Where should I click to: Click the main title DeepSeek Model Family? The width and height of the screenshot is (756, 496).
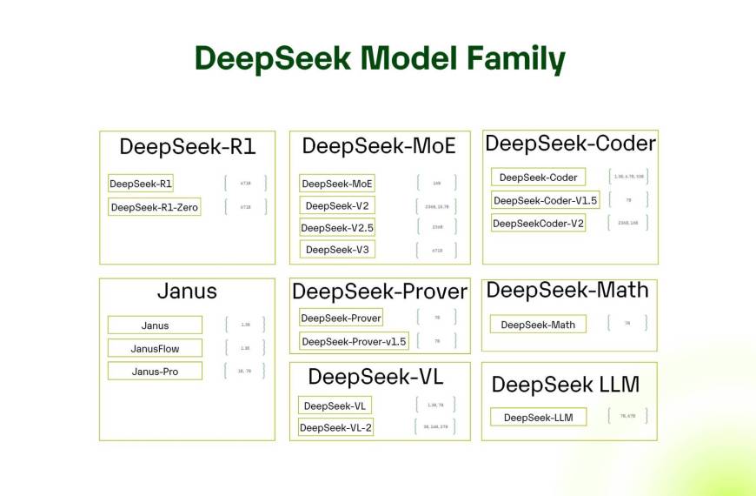pos(379,58)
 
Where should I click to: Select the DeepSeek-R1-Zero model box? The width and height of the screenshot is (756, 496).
pos(155,207)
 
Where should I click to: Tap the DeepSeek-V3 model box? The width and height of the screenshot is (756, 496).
pos(337,250)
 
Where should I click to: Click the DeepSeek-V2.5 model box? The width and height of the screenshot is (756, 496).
pos(337,228)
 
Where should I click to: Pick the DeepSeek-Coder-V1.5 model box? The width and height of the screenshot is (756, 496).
pos(546,201)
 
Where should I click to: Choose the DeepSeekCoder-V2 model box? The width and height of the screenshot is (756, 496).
pos(539,224)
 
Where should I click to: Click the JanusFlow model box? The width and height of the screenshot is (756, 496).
pos(155,348)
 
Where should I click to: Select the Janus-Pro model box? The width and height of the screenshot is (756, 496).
pos(155,372)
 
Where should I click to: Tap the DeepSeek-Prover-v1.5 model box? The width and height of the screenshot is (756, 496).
pos(354,341)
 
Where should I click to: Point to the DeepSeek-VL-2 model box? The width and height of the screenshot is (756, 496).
pos(336,427)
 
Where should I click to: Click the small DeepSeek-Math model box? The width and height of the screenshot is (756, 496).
pos(538,325)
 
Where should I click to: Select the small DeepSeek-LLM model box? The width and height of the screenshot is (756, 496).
pos(538,418)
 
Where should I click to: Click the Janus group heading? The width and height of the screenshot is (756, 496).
pos(187,292)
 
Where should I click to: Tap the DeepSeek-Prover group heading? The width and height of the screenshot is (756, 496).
pos(380,292)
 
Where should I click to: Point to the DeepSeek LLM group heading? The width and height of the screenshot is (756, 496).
pos(565,385)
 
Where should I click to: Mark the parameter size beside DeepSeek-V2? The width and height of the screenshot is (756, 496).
pos(437,206)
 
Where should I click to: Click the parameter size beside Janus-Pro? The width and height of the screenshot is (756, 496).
pos(245,371)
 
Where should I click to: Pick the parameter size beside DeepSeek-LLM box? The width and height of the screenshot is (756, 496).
pos(627,416)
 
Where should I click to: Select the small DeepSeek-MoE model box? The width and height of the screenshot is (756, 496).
pos(337,184)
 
